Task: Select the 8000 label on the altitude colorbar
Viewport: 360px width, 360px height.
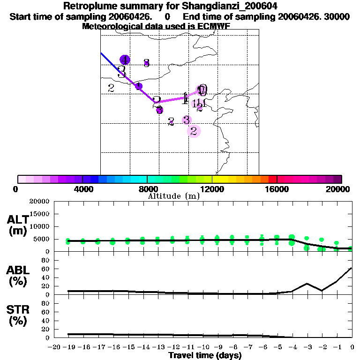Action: [x=147, y=189]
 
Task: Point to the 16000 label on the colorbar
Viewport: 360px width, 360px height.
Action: [x=277, y=189]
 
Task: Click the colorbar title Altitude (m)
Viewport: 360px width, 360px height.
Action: [x=173, y=196]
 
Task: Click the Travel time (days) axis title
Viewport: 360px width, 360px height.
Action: [x=205, y=356]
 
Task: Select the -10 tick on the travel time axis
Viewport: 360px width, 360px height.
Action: [x=202, y=347]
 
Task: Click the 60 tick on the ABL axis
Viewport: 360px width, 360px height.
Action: [x=46, y=269]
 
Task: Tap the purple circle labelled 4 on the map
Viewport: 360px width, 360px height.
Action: [x=125, y=60]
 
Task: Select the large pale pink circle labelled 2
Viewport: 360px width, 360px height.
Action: [x=194, y=131]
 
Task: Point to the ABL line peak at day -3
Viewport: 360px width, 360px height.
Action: [x=307, y=283]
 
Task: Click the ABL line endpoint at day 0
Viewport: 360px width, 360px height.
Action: [x=352, y=268]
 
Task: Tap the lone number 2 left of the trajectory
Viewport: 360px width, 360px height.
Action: [x=111, y=88]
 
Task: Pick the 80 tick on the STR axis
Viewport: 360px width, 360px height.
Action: [x=46, y=303]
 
